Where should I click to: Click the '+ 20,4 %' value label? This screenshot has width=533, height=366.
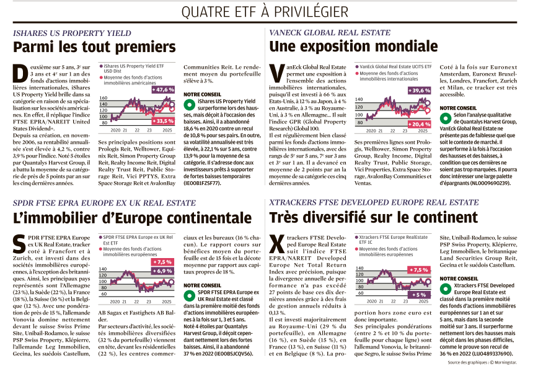(420, 124)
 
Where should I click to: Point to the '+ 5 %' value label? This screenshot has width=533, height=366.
(419, 295)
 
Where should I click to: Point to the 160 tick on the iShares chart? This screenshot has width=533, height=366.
(104, 98)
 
